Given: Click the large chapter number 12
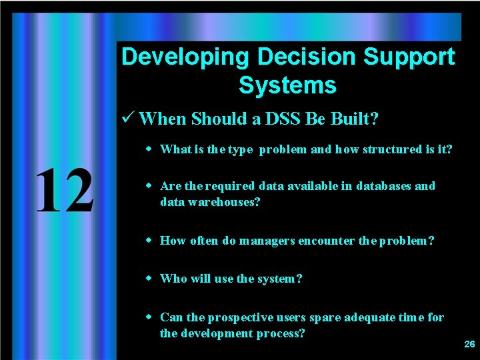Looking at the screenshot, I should click(x=64, y=191).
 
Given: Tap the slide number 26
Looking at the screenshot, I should click(x=469, y=345).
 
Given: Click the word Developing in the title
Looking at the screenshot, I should click(x=185, y=57).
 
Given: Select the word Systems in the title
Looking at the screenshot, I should click(x=287, y=85).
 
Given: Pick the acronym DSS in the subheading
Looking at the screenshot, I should click(x=279, y=119).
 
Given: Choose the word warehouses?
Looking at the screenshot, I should click(x=227, y=201).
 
